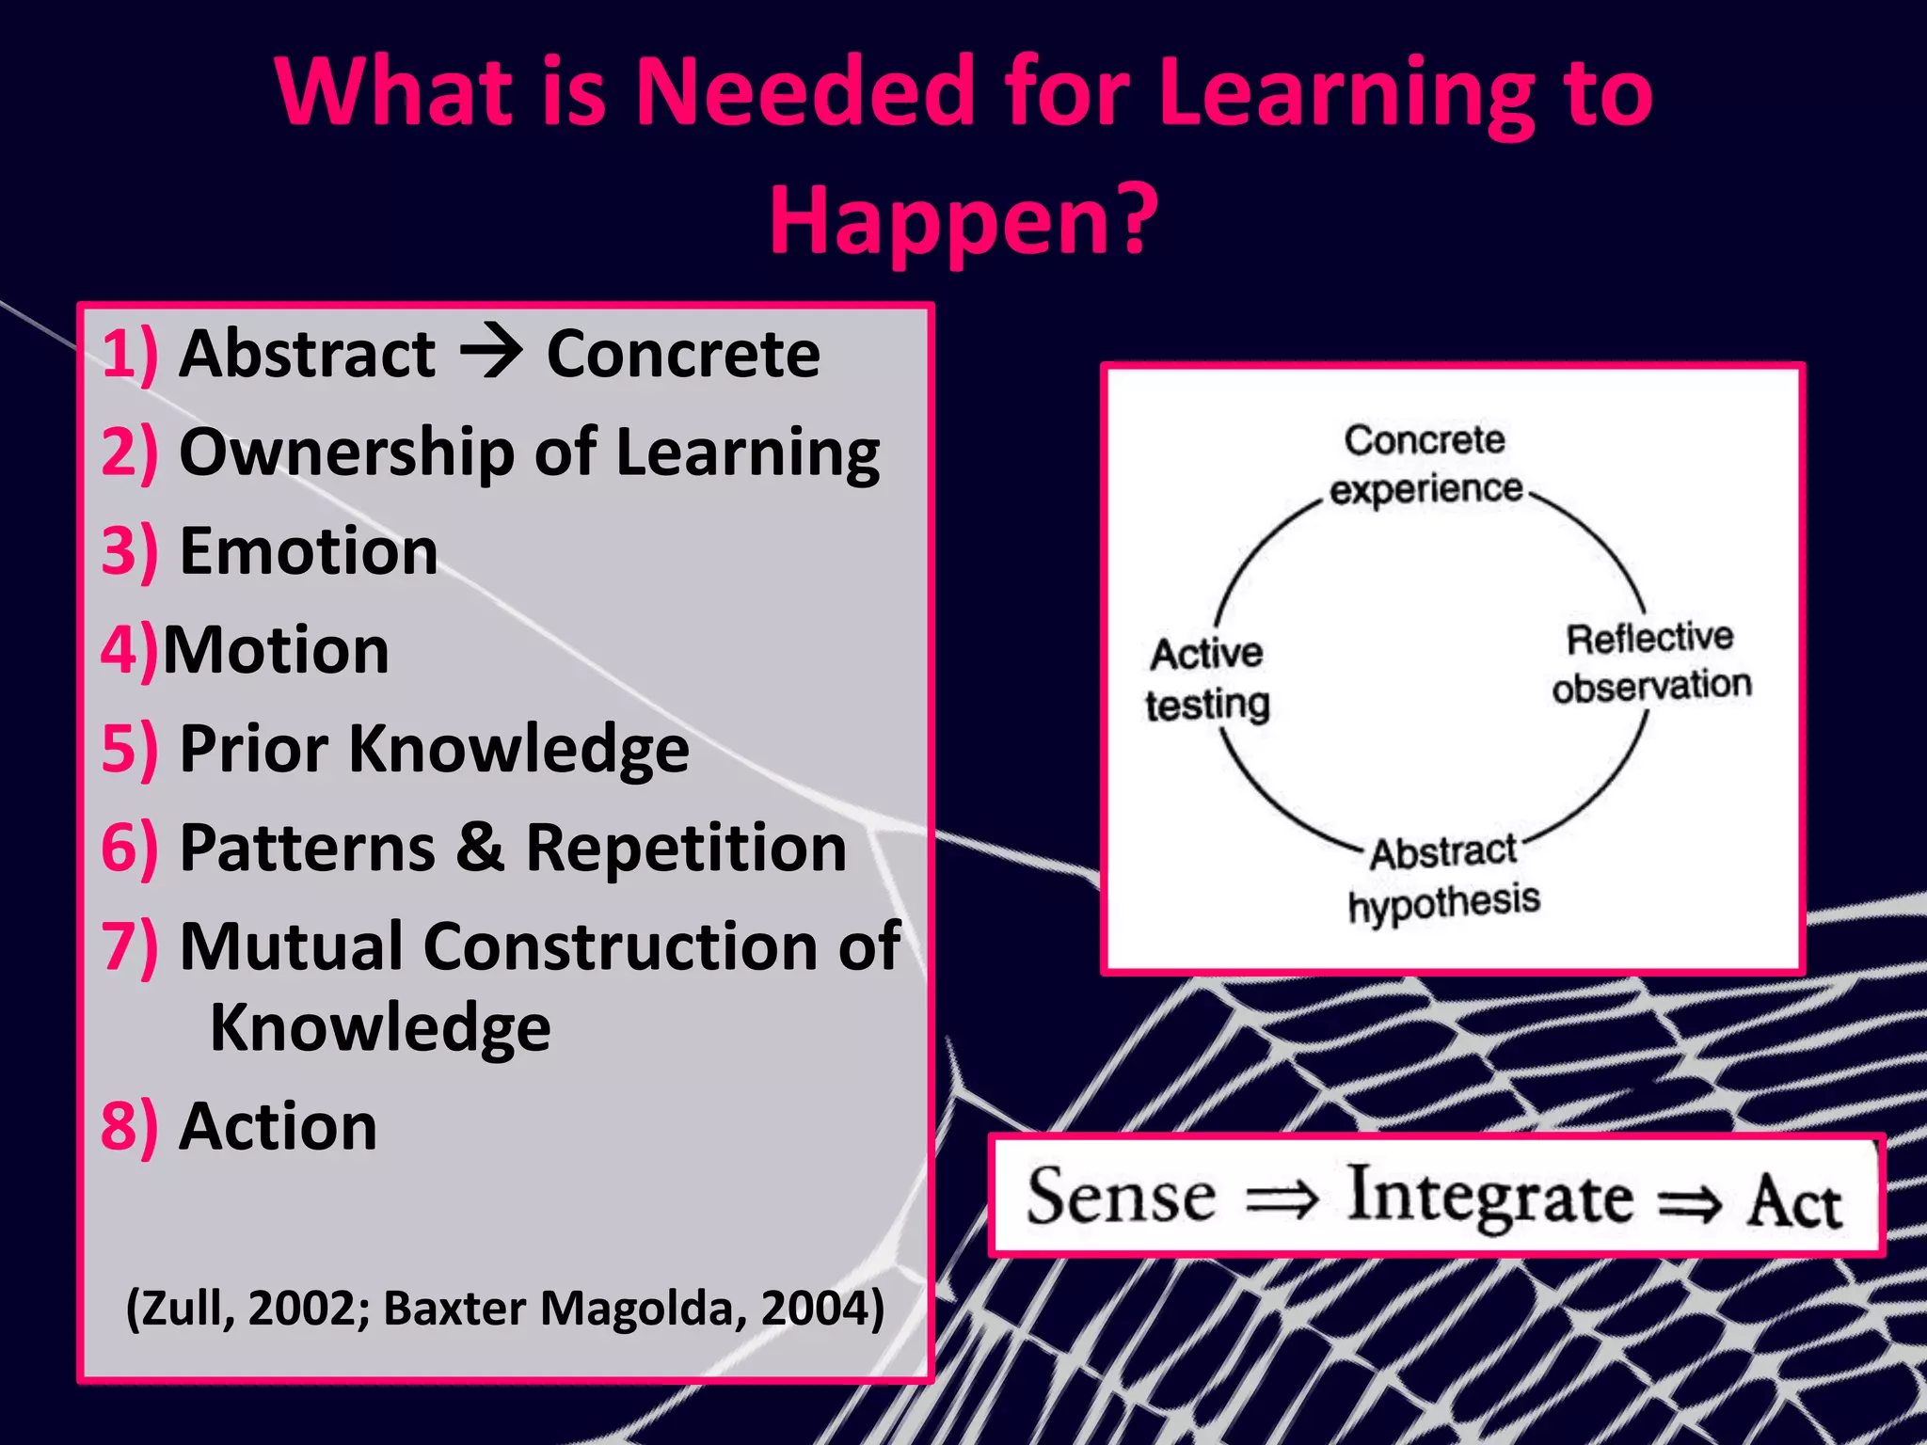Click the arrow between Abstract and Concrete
(x=491, y=354)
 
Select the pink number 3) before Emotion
(x=129, y=551)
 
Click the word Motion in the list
(x=276, y=650)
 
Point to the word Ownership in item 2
(x=346, y=453)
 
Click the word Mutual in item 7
(x=292, y=946)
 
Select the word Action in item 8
(x=279, y=1126)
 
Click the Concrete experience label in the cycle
(x=1425, y=465)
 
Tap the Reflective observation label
(x=1651, y=662)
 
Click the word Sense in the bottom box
(x=1121, y=1197)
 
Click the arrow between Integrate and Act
(x=1690, y=1203)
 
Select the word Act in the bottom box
(x=1793, y=1201)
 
